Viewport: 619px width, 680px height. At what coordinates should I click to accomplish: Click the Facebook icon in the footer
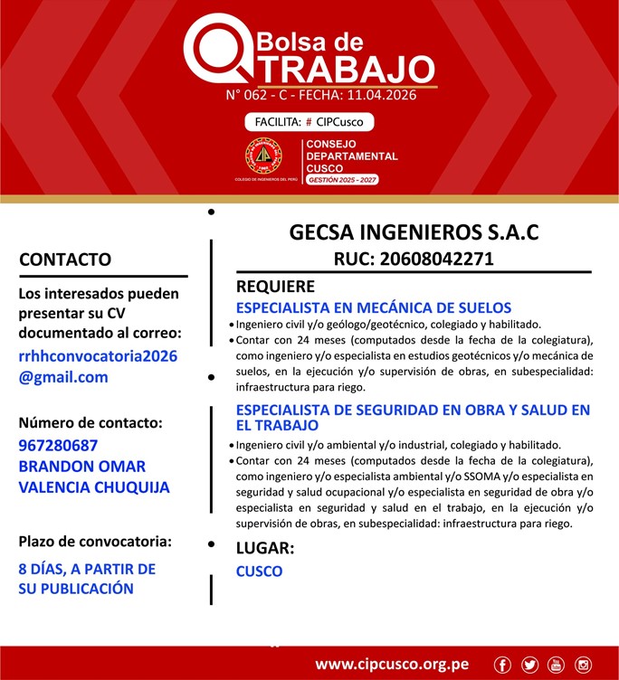point(503,665)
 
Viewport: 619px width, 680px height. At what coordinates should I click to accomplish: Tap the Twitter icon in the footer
point(529,665)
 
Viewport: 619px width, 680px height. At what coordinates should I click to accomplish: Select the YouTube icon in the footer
point(556,665)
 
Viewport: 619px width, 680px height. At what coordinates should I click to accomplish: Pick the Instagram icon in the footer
point(583,665)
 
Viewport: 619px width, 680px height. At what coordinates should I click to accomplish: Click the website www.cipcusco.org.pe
point(392,665)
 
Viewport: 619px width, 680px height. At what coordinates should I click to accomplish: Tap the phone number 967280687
point(58,446)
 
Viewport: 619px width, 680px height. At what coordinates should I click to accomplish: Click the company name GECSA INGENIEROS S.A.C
point(414,232)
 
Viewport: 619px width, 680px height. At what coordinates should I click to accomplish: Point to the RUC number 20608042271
point(414,259)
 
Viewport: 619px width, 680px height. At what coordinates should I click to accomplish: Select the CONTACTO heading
point(65,260)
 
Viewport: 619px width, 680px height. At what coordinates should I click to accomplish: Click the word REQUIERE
point(275,287)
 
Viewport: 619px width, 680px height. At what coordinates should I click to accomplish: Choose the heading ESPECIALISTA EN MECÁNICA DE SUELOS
point(374,307)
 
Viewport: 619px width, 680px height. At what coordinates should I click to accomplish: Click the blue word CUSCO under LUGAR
point(259,571)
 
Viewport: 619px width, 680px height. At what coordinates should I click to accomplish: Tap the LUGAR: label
point(264,548)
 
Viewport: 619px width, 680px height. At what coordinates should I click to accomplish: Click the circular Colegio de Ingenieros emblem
point(263,156)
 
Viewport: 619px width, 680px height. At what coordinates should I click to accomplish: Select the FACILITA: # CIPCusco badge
point(309,122)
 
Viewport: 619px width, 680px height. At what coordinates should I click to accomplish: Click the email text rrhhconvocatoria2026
point(98,355)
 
